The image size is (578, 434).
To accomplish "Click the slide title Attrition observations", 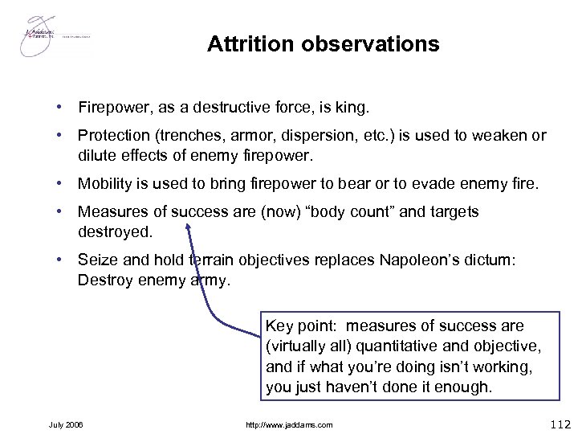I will (x=323, y=43).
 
